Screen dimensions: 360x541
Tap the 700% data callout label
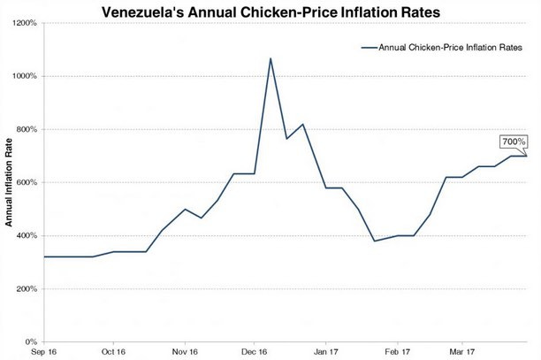click(514, 142)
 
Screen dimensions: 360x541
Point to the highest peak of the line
click(270, 58)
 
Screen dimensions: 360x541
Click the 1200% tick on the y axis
click(23, 23)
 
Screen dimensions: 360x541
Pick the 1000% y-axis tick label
click(23, 76)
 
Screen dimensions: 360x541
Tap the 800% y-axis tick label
click(25, 129)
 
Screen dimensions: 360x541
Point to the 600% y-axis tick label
click(25, 182)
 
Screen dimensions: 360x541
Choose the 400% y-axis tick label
click(25, 235)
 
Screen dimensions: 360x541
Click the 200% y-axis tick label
click(25, 288)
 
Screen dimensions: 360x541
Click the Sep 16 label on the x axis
click(43, 351)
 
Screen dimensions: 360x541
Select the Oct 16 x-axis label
click(113, 351)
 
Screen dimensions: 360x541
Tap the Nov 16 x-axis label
click(185, 351)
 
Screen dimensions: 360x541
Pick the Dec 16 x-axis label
click(254, 351)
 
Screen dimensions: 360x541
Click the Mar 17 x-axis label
click(462, 351)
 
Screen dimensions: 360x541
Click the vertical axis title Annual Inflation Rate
click(8, 183)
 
